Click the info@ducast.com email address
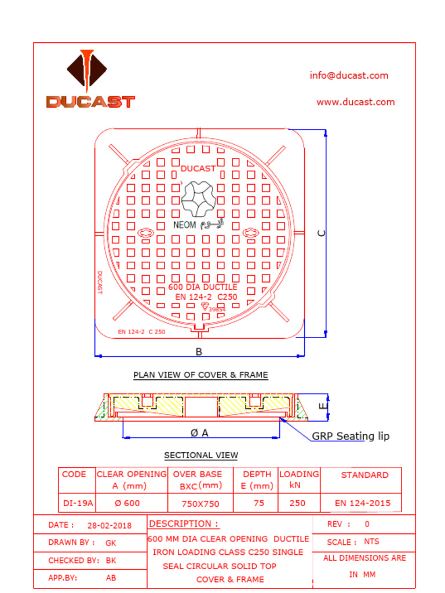click(x=349, y=75)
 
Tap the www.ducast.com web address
click(x=355, y=102)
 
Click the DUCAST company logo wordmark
click(x=90, y=102)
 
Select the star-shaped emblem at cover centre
click(x=199, y=198)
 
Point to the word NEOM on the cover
click(x=185, y=225)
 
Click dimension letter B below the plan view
click(x=199, y=352)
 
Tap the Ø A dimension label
click(x=199, y=433)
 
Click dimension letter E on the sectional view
click(x=323, y=406)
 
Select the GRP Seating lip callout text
click(x=351, y=436)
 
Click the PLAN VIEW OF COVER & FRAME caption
click(x=200, y=375)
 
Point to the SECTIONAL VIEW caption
click(x=200, y=455)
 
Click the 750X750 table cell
click(x=200, y=504)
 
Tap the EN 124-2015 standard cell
click(x=363, y=503)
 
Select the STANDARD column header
click(x=364, y=475)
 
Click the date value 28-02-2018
click(x=110, y=526)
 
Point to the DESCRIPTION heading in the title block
click(x=184, y=524)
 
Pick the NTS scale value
click(x=371, y=542)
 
